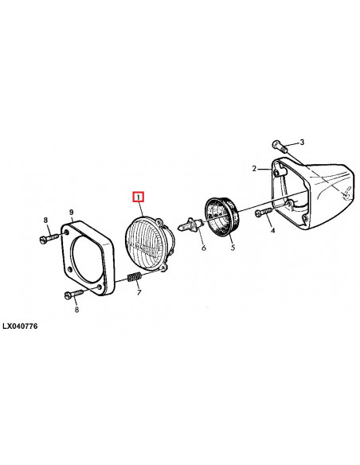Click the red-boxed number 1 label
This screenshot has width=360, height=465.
click(x=139, y=196)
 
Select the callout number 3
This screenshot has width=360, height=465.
click(x=302, y=143)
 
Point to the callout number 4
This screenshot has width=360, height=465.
click(x=272, y=231)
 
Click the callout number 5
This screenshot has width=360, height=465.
click(x=233, y=248)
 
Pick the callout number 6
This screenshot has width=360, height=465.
click(x=203, y=248)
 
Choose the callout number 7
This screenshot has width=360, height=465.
click(x=139, y=292)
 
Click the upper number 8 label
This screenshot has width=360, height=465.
click(x=45, y=220)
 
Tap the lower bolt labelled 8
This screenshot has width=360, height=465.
click(x=70, y=295)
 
